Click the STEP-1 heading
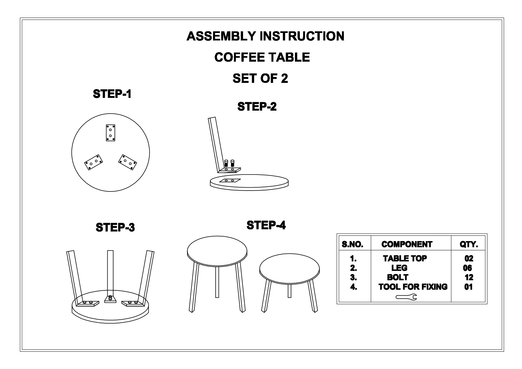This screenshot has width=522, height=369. [x=112, y=94]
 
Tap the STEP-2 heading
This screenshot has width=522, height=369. [x=257, y=107]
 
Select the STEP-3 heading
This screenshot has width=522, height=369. [x=115, y=227]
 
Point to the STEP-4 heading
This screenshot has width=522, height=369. [x=266, y=225]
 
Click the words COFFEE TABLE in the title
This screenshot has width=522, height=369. [x=262, y=57]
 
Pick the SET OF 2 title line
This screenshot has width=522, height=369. [x=260, y=78]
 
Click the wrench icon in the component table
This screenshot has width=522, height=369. [x=406, y=297]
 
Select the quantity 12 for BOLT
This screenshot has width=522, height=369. [x=469, y=277]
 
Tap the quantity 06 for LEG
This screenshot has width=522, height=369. [x=468, y=268]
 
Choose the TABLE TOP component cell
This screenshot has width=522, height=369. [x=405, y=258]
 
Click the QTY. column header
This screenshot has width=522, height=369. [x=468, y=244]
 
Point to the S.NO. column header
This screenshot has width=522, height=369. [x=352, y=244]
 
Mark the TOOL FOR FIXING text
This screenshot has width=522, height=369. [x=413, y=287]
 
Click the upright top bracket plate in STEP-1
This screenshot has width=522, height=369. [x=111, y=133]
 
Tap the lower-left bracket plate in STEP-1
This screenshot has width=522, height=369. [x=93, y=162]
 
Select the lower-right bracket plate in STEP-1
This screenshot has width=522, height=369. [x=128, y=162]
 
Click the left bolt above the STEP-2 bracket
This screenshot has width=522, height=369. [x=226, y=163]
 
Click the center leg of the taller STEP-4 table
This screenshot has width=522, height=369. [x=217, y=282]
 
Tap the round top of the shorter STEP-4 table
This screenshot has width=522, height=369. [x=289, y=269]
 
